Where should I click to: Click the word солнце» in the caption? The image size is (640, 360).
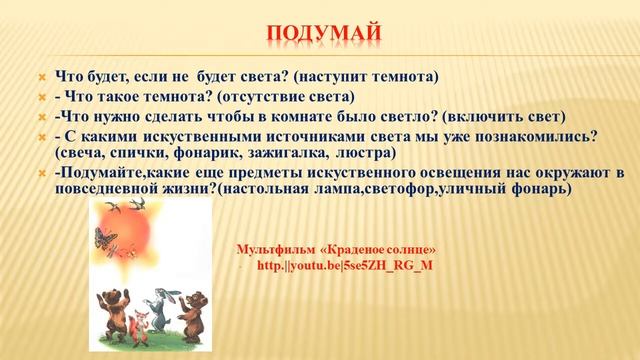pos(412,249)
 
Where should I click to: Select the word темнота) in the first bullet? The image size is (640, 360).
pos(407,76)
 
